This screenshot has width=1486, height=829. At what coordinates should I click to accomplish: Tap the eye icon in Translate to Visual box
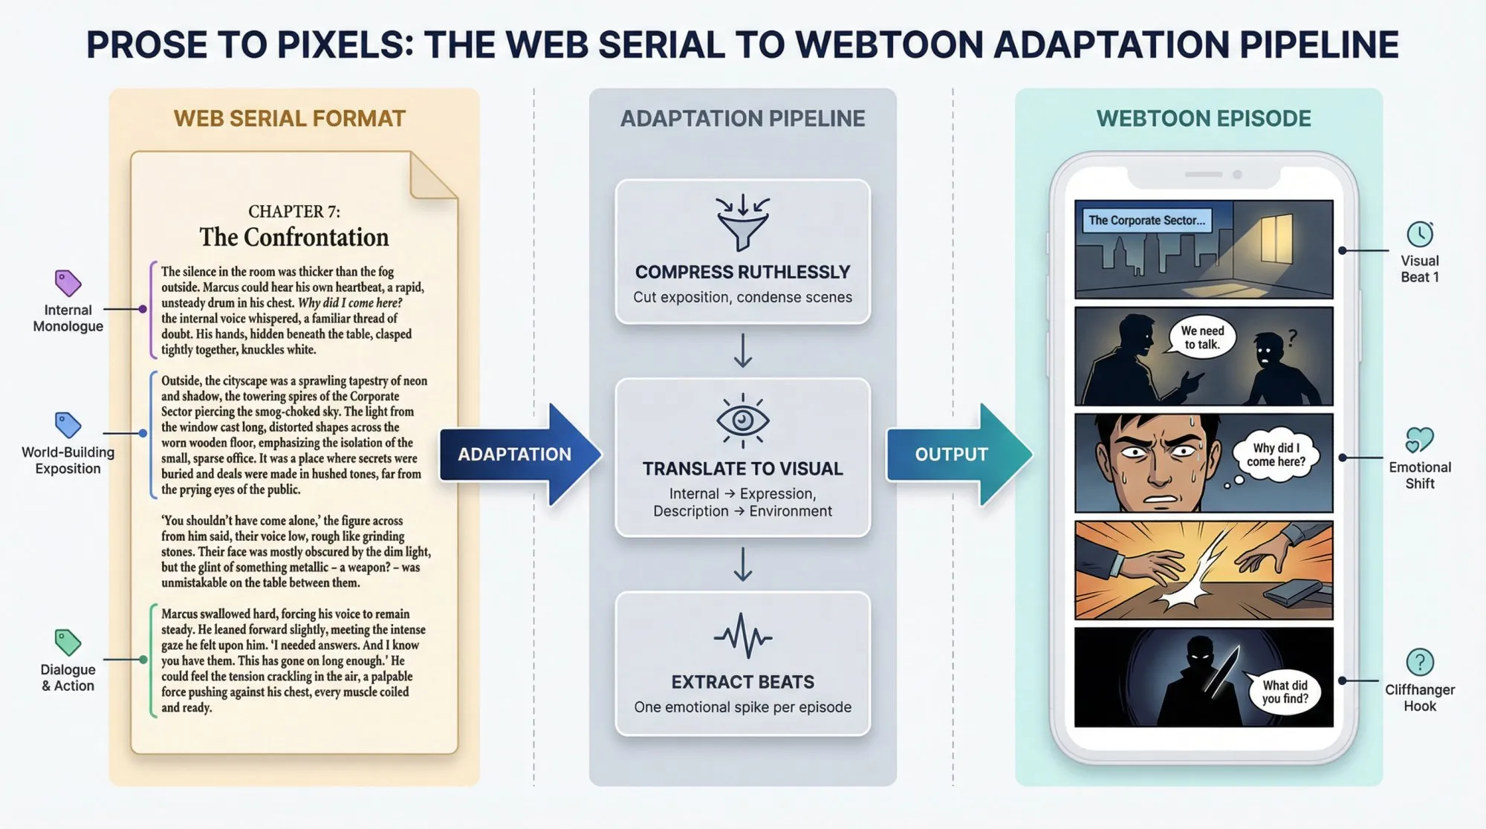coord(742,420)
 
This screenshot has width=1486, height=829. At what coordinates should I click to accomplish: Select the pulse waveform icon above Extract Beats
coord(742,636)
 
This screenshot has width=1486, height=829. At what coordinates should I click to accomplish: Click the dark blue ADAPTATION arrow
coord(520,455)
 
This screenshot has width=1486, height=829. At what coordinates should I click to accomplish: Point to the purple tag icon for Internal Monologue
coord(68,283)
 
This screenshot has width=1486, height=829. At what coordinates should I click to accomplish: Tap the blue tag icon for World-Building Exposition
coord(68,425)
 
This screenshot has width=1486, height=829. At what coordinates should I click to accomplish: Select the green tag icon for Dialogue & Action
coord(68,642)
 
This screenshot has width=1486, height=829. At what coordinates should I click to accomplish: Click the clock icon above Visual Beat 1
coord(1420,234)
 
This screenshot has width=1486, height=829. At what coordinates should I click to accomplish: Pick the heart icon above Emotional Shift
coord(1419,440)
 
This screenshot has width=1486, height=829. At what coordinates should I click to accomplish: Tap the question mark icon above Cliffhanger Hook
coord(1420,662)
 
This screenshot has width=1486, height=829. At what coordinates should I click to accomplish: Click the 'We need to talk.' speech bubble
coord(1202,338)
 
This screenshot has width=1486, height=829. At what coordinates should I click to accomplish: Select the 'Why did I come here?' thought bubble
coord(1276,455)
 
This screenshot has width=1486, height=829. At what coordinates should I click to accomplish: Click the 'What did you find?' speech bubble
coord(1285,692)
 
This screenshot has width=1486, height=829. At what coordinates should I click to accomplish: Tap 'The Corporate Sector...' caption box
coord(1146,221)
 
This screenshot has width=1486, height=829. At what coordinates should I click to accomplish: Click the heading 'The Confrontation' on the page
coord(294,238)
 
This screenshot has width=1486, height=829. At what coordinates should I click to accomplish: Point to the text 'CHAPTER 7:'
coord(294,212)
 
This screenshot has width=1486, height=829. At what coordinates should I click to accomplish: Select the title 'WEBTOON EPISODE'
coord(1204,119)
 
